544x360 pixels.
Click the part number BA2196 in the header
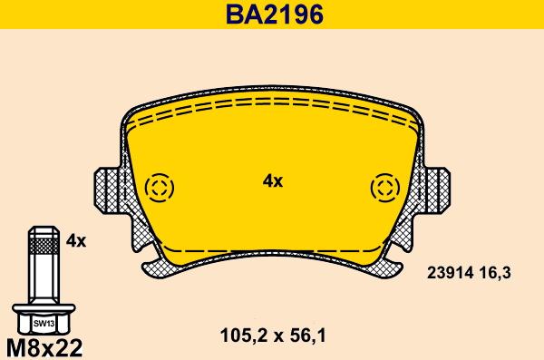tap(275, 15)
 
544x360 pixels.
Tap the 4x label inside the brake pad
tap(273, 181)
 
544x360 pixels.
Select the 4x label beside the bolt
tap(76, 240)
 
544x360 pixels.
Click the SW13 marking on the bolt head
tap(44, 324)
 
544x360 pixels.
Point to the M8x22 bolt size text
tap(44, 347)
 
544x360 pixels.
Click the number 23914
tap(450, 273)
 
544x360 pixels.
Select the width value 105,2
tap(242, 336)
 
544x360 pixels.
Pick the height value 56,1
tap(306, 336)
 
